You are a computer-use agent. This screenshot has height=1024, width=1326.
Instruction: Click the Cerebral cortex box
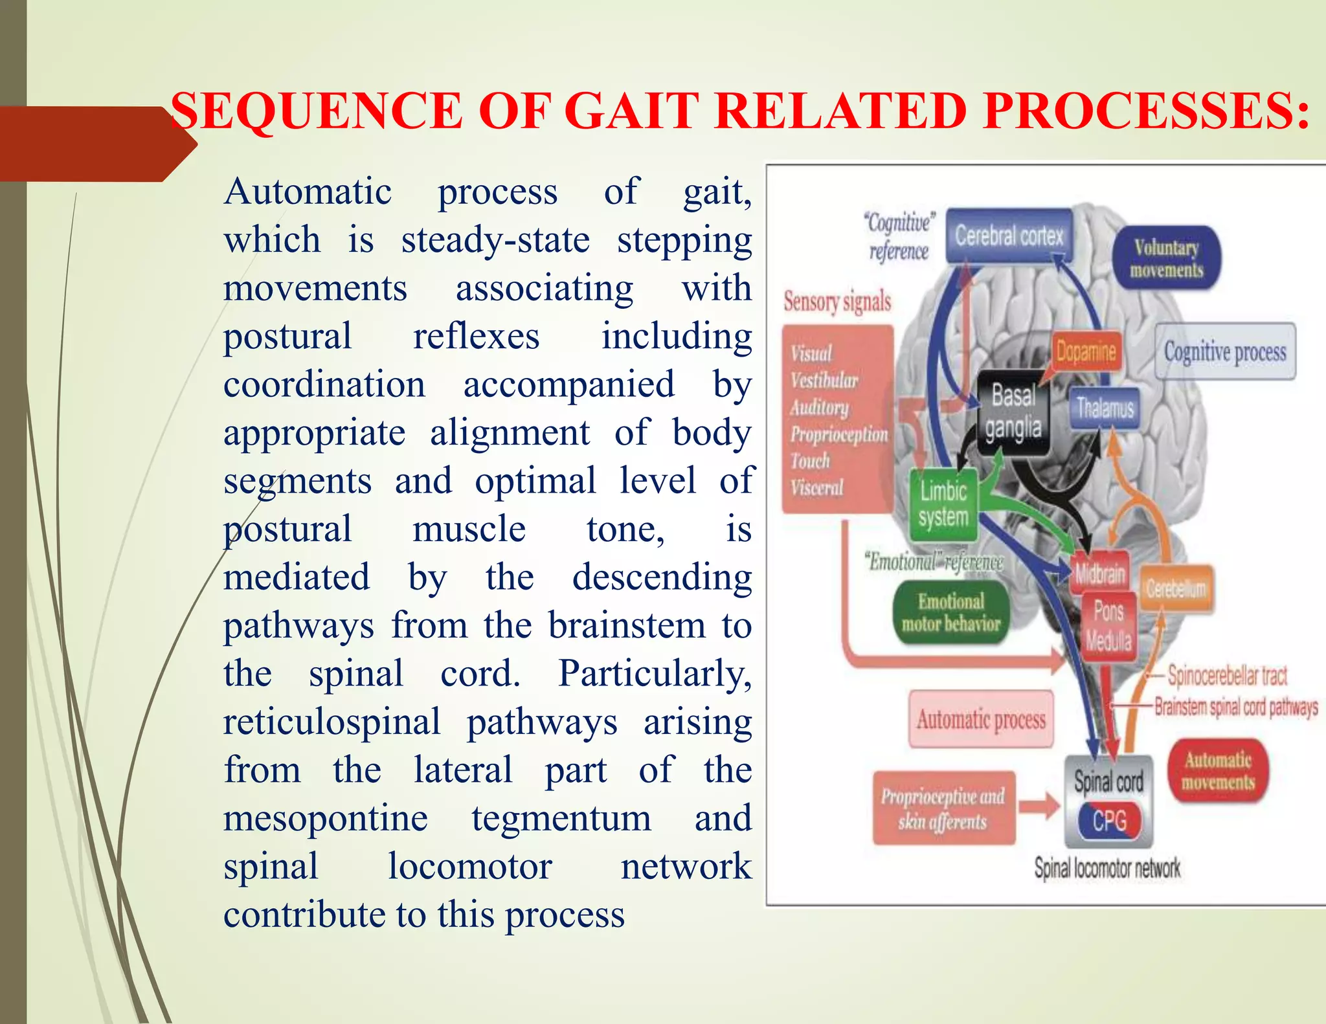point(1009,236)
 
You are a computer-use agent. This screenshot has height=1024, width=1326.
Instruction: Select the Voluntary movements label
point(1166,258)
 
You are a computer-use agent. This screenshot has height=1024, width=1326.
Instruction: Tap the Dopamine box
point(1086,351)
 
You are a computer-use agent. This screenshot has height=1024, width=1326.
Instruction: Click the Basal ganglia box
point(1013,412)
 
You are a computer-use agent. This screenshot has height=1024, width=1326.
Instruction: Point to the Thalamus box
point(1105,408)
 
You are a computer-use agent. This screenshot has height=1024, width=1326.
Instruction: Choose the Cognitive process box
point(1225,351)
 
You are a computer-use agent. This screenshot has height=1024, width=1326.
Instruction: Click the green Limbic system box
point(943,504)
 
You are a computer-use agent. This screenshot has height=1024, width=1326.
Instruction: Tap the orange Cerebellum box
point(1176,588)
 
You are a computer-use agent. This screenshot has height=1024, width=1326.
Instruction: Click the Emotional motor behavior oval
point(950,612)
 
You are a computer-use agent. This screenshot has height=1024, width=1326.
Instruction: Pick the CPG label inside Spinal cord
point(1110,821)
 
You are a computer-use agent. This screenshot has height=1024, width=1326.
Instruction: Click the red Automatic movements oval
point(1218,771)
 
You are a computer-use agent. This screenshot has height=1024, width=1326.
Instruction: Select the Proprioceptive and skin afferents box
point(943,808)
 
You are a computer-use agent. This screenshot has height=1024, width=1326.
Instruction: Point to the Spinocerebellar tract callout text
point(1227,676)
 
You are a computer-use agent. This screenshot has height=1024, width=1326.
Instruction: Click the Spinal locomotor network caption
point(1107,868)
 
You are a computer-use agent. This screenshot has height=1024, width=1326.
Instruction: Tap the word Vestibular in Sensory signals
point(824,381)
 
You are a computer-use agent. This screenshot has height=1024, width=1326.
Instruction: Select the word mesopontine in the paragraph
point(326,818)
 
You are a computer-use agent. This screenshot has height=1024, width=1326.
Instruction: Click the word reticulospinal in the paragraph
point(331,721)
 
